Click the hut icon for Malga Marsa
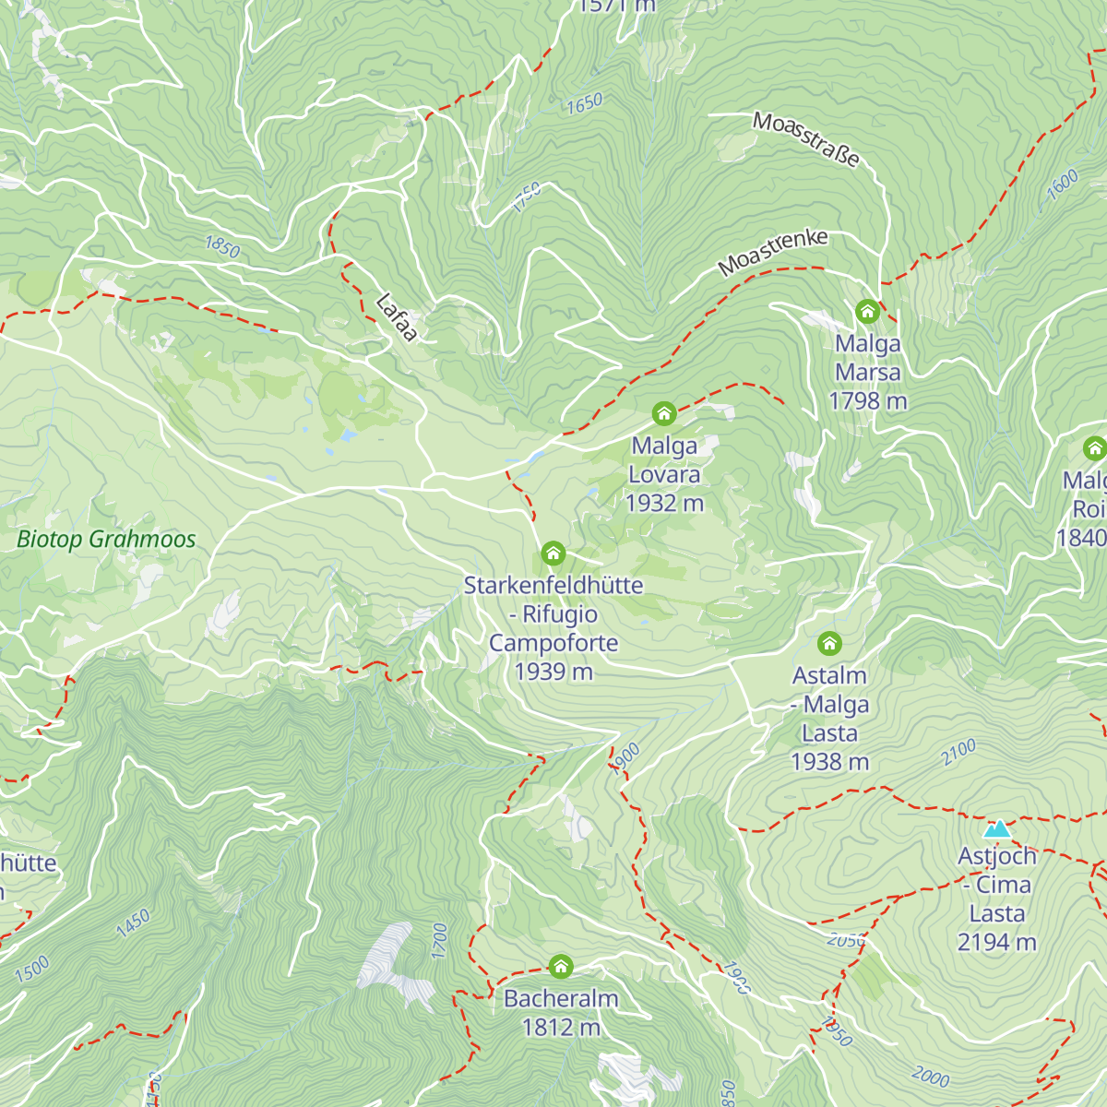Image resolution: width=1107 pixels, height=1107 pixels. (x=867, y=312)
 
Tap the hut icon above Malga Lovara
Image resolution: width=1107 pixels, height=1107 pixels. (x=664, y=413)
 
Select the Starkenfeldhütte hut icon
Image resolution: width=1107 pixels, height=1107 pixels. (x=553, y=553)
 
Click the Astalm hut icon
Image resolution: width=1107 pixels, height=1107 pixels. (x=829, y=643)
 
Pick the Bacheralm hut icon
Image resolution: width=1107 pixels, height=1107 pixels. (x=561, y=967)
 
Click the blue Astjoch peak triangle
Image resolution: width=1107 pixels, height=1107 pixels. (x=997, y=828)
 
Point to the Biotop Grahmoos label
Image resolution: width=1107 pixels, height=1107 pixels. (x=106, y=540)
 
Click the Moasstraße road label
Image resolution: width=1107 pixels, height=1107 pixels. (x=806, y=138)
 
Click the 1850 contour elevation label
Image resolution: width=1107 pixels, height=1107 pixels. (x=222, y=247)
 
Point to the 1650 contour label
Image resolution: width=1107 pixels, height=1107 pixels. (x=584, y=104)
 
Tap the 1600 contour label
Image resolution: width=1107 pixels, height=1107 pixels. (x=1062, y=184)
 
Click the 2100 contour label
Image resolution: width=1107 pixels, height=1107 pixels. (x=958, y=753)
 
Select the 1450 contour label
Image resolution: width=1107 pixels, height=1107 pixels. (x=133, y=923)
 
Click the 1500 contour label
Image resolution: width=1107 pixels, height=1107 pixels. (x=31, y=970)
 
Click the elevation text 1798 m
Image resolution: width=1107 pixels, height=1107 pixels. (x=867, y=401)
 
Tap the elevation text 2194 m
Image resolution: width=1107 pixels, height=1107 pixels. (x=996, y=942)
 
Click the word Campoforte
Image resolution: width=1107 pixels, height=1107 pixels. (x=553, y=643)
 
